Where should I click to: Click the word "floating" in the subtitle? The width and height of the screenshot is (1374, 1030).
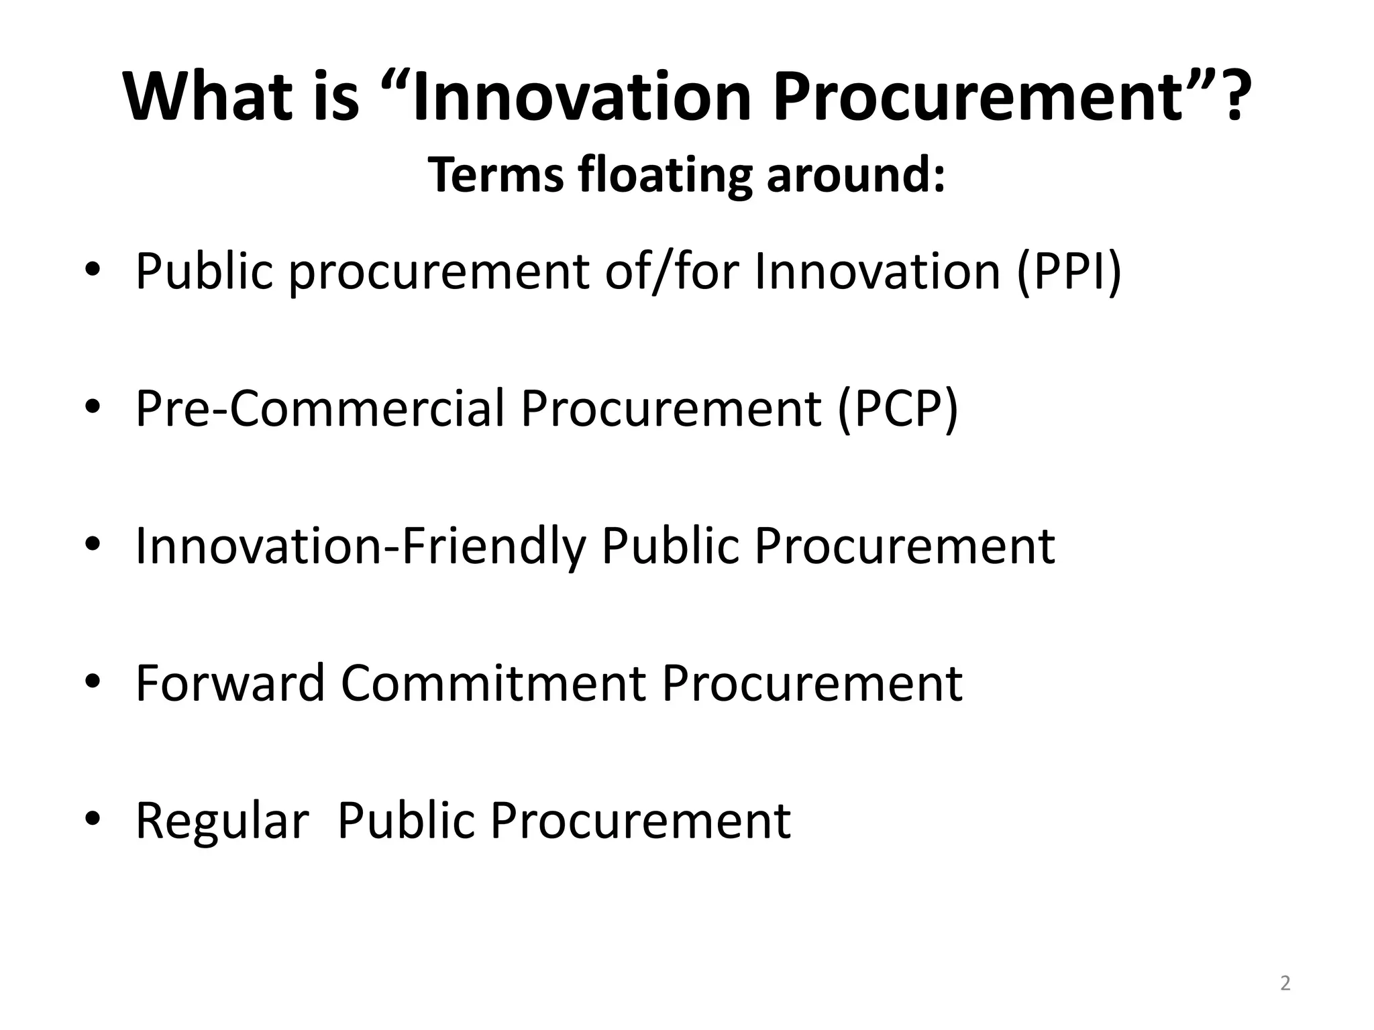664,174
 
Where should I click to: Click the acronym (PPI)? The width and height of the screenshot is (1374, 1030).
1069,272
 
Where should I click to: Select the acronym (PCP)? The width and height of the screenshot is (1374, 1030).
898,408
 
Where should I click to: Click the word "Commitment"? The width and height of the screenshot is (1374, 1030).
493,683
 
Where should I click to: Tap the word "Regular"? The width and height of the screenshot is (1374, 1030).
222,820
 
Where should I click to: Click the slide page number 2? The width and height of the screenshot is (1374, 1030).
1285,983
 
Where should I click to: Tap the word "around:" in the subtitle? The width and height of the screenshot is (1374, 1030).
856,174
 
